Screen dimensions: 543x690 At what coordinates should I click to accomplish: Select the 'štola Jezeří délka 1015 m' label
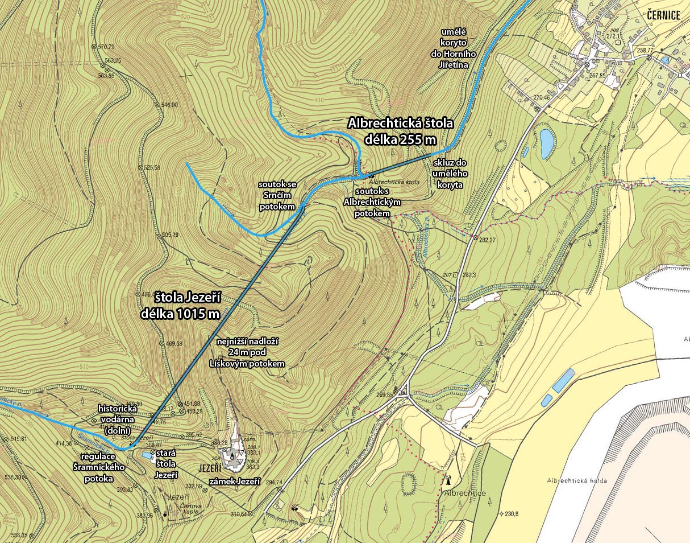(188, 305)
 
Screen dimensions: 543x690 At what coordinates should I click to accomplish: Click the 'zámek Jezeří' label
(235, 482)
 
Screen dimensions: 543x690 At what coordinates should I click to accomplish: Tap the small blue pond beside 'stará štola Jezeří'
(148, 456)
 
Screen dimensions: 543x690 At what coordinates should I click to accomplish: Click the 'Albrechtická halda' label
(577, 480)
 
